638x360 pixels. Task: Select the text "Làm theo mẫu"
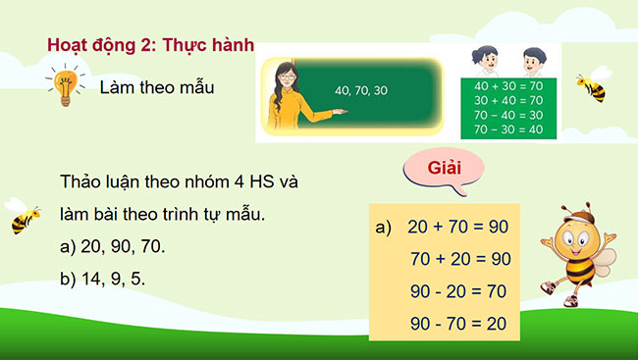coord(157,87)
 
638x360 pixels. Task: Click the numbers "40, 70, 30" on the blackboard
coord(361,90)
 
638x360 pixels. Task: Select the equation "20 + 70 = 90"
coord(458,228)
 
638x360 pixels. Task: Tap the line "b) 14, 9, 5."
coord(102,278)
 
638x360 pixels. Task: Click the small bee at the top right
coord(591,85)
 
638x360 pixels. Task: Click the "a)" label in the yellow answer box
coord(384,228)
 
